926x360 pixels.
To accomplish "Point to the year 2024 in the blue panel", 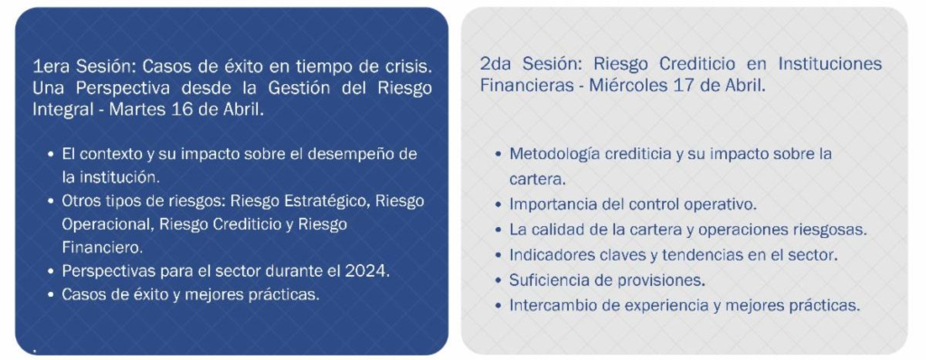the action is point(370,271).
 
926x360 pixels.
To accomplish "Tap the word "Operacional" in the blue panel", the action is point(108,224).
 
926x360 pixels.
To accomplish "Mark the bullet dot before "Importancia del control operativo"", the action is point(498,205).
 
